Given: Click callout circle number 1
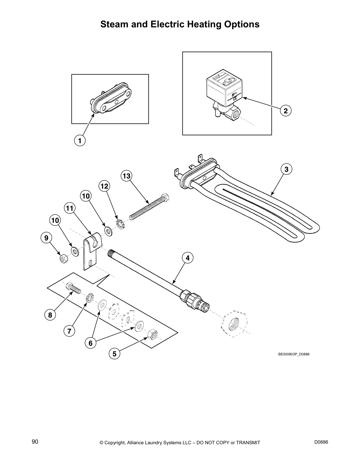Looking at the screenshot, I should pos(80,140).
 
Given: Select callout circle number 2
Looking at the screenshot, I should pos(286,111).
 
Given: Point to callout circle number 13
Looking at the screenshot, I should pos(126,176).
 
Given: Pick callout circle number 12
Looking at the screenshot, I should pos(104,186).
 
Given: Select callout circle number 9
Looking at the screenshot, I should pos(46,237).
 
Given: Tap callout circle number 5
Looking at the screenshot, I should pos(114,354).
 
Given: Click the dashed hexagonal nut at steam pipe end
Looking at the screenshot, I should pos(236,323).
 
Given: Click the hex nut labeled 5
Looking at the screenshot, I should pos(153,333).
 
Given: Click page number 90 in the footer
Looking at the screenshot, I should pos(35,442).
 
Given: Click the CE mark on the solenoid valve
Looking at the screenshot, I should pos(235,99).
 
